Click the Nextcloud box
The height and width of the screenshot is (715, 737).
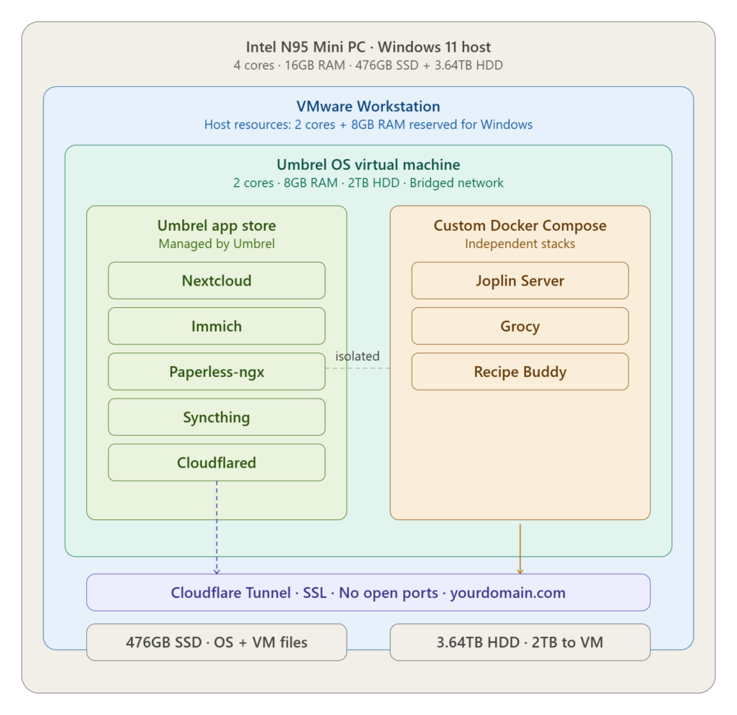pos(217,281)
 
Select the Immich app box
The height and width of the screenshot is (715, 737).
pos(217,326)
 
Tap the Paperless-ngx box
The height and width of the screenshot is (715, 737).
pos(217,372)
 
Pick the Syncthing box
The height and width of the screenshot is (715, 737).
pos(217,417)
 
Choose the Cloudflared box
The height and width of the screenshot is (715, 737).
pos(217,463)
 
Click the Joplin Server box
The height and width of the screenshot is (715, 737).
pos(520,281)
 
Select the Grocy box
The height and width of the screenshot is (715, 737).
pos(520,326)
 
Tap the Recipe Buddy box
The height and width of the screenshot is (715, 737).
pos(520,372)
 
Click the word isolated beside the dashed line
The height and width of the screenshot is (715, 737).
pos(357,356)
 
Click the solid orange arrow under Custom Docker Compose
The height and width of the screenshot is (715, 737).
pos(520,550)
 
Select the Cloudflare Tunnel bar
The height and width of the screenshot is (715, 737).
pos(368,593)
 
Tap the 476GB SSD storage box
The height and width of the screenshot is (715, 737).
pos(217,642)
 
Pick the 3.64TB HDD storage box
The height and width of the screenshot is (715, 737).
pos(520,642)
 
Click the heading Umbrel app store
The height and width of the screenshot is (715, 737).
pos(217,225)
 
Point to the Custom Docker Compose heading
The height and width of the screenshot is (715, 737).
pos(520,225)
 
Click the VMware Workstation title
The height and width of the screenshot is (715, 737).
pos(368,106)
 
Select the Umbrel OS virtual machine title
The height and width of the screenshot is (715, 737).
pos(368,165)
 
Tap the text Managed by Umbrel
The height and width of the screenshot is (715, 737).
pos(217,244)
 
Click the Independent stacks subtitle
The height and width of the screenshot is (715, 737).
pos(520,244)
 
